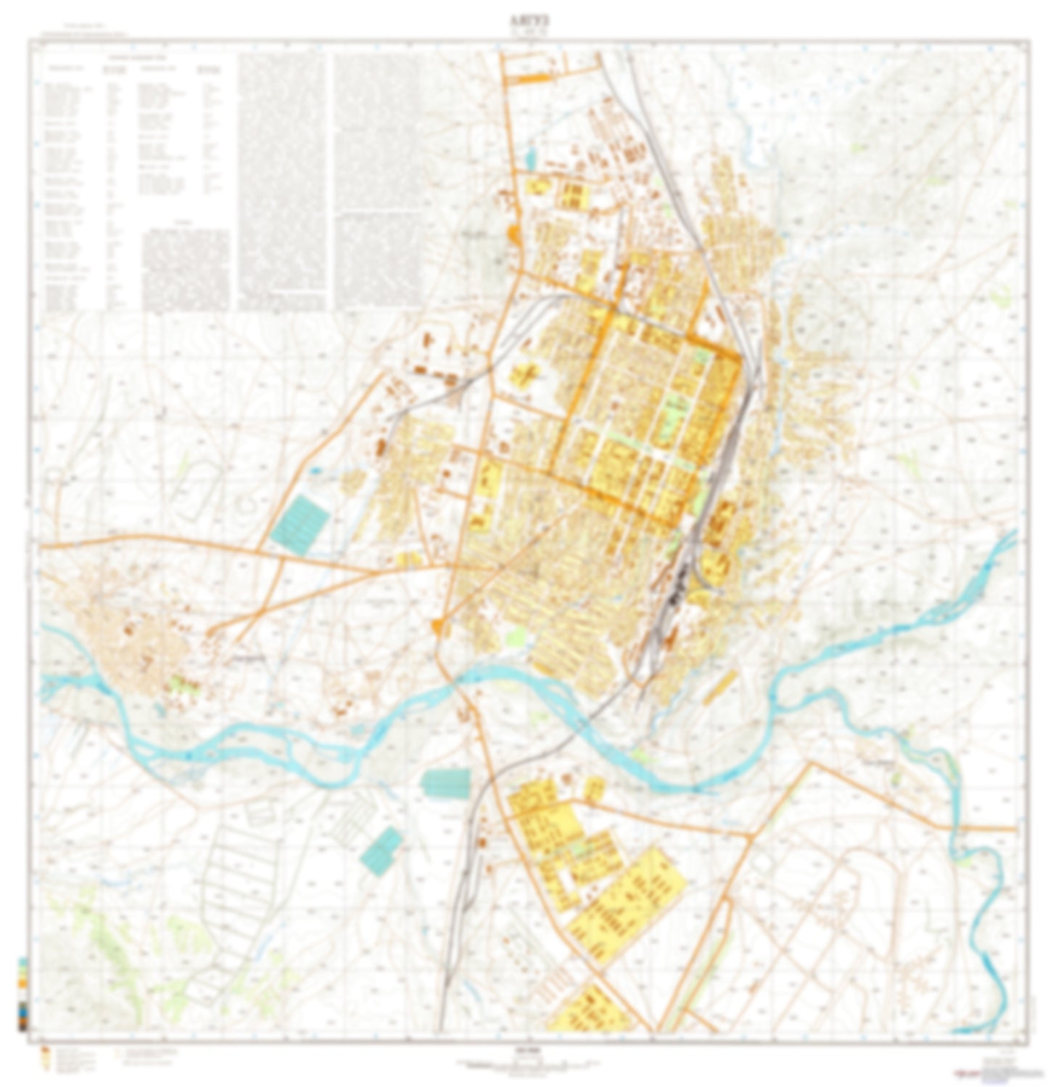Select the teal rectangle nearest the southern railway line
[445, 784]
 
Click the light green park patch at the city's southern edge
[516, 637]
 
